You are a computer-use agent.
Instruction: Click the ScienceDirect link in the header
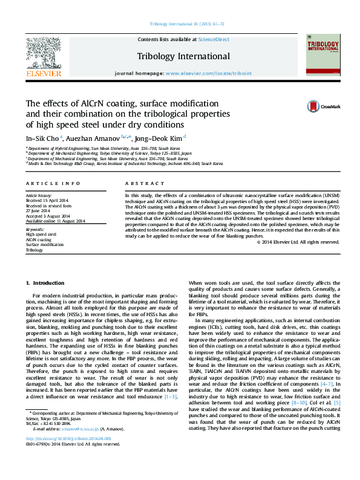pyautogui.click(x=214, y=39)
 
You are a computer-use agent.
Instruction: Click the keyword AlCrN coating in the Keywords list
pyautogui.click(x=38, y=239)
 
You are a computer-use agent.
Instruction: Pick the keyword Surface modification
pyautogui.click(x=44, y=244)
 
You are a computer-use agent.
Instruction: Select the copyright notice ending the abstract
pyautogui.click(x=298, y=242)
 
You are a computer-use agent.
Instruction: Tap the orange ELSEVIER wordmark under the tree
pyautogui.click(x=44, y=73)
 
